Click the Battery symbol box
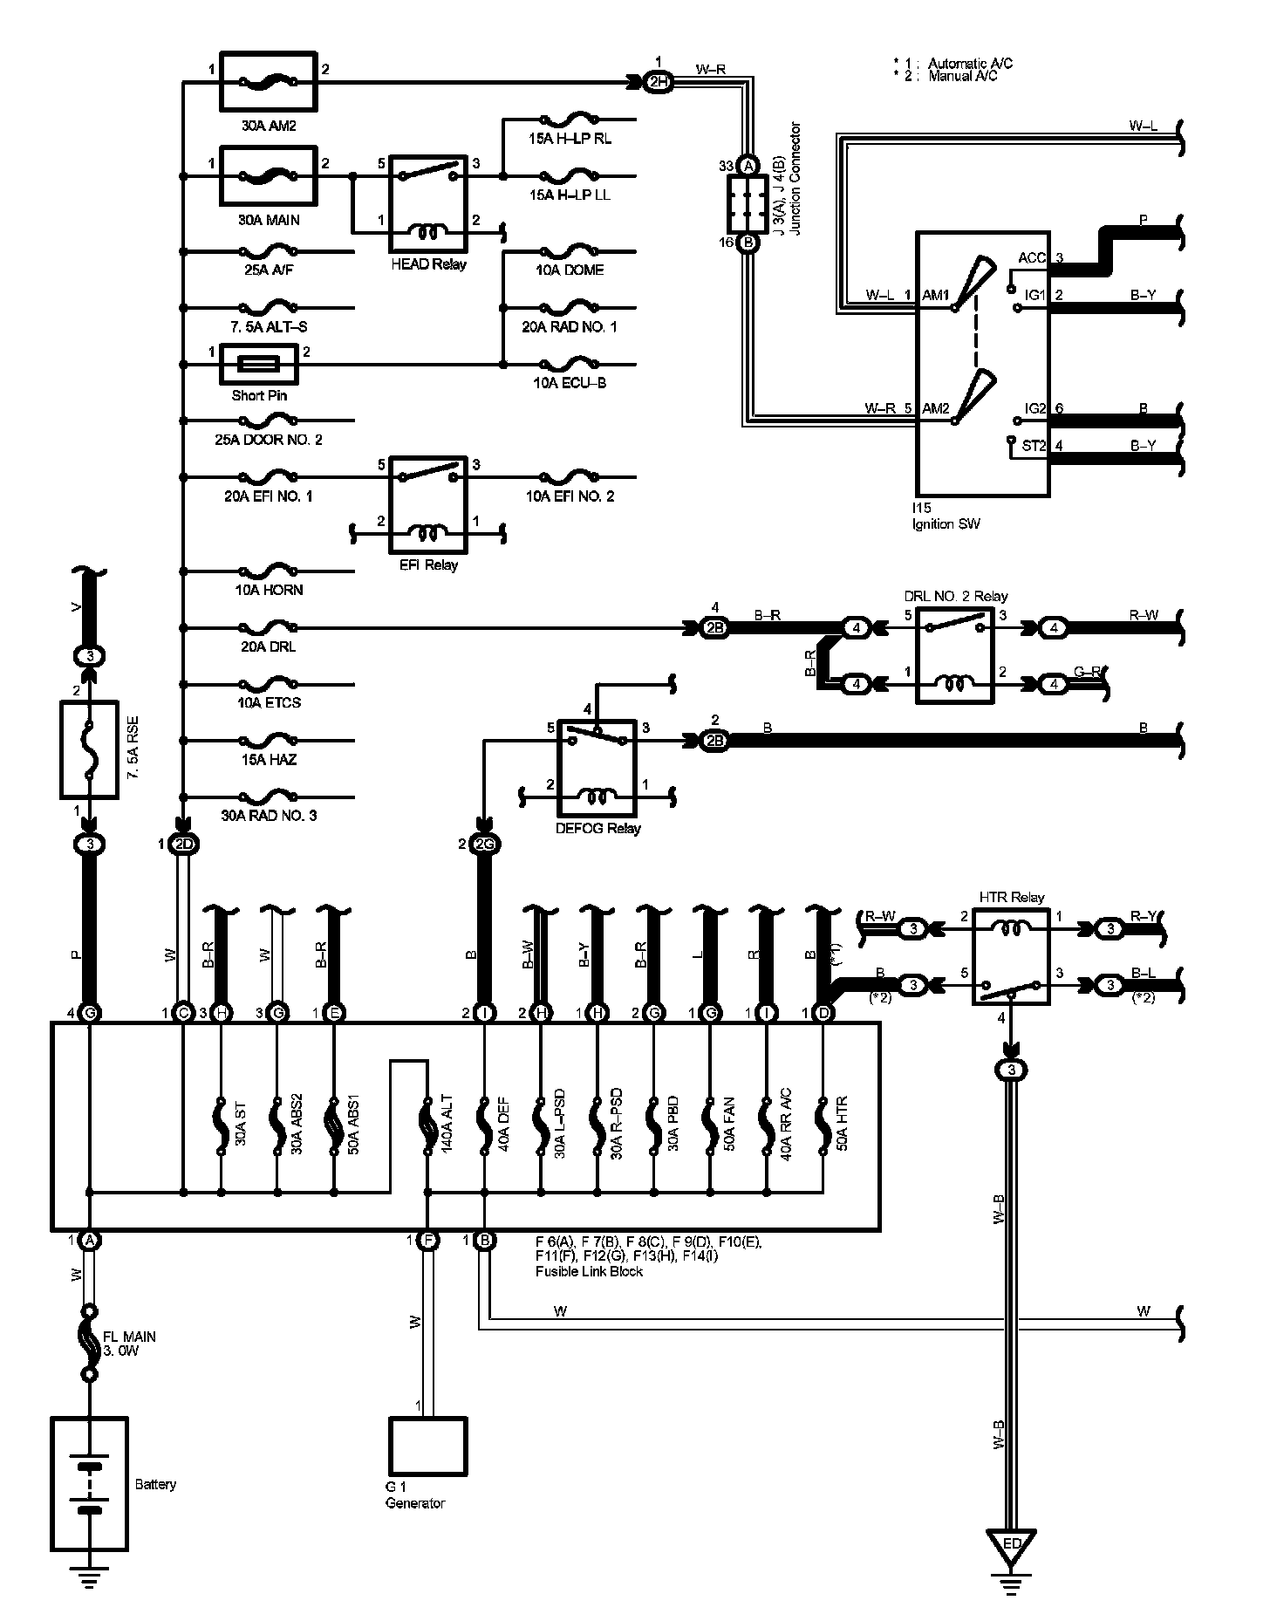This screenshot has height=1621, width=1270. (90, 1481)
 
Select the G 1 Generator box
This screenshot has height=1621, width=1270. (427, 1446)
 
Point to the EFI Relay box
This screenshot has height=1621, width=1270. (427, 504)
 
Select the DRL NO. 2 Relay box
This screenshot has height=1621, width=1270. (954, 655)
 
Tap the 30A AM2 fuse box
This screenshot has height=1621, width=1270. (267, 82)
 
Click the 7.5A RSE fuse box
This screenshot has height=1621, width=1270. (89, 749)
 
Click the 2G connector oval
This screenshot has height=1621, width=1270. (484, 844)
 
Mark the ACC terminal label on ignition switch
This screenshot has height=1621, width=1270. (1032, 258)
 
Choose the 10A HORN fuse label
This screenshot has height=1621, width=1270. (270, 590)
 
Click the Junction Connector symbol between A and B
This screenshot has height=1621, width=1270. (748, 203)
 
